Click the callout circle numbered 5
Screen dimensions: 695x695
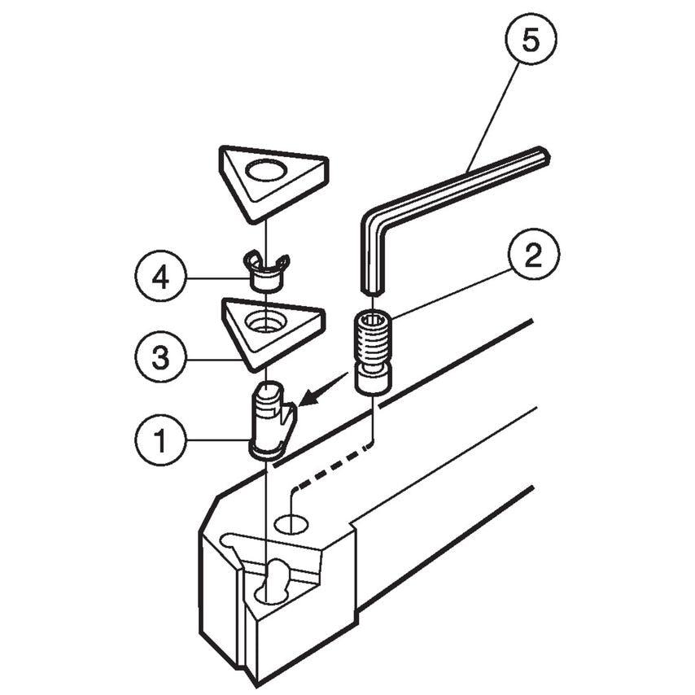click(x=530, y=40)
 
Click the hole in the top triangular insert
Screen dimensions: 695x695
click(x=267, y=171)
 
